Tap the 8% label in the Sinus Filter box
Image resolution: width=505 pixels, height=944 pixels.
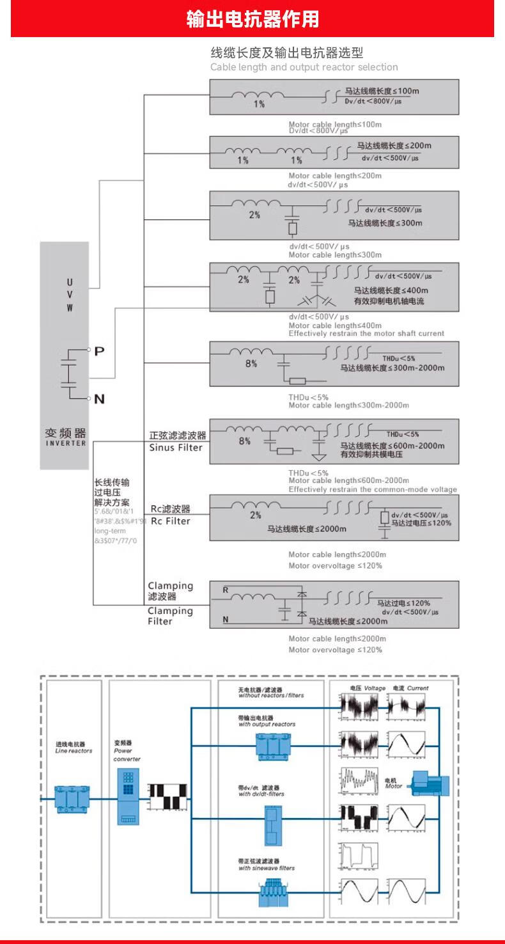pos(245,441)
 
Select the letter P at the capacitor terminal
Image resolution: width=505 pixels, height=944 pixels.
pos(99,350)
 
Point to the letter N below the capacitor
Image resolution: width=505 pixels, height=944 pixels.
pos(99,399)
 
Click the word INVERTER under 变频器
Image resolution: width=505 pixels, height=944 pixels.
pos(63,444)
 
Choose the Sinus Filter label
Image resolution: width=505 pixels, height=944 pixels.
pos(176,448)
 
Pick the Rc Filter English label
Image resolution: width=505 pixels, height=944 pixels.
pos(170,521)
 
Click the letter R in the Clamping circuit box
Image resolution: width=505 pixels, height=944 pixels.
pos(225,590)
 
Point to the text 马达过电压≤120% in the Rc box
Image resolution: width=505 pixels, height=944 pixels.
pos(421,523)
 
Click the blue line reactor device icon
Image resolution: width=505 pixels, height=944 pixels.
pos(72,799)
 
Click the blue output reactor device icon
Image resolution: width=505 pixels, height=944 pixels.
pos(274,746)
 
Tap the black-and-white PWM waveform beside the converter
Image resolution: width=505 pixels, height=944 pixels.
pos(167,798)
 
